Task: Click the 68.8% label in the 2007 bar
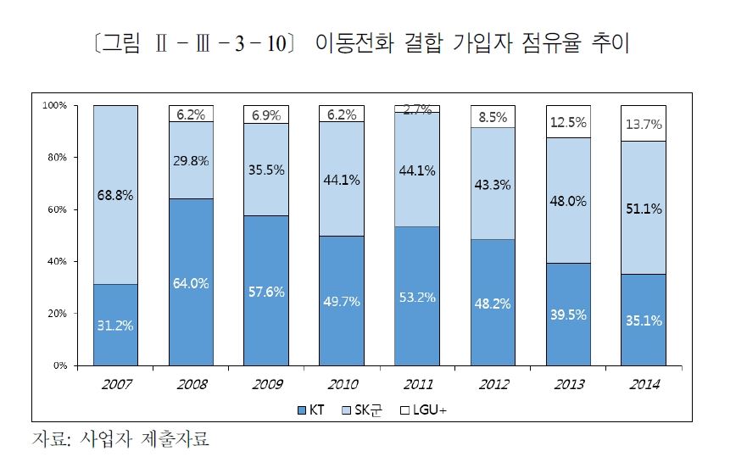click(114, 195)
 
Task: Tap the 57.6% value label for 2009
click(265, 292)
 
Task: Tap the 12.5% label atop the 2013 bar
click(567, 122)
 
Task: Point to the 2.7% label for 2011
click(417, 109)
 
